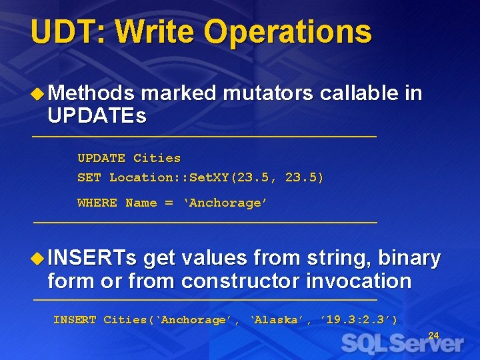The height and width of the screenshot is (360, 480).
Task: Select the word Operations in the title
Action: pyautogui.click(x=287, y=32)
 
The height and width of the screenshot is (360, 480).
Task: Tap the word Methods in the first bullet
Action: pyautogui.click(x=91, y=94)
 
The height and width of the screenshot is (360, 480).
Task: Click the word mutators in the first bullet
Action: pyautogui.click(x=267, y=94)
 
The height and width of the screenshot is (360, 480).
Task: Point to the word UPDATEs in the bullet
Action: pyautogui.click(x=97, y=117)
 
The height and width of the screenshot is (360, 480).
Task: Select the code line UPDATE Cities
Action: pyautogui.click(x=129, y=158)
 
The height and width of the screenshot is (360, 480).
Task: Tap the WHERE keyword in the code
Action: pyautogui.click(x=97, y=203)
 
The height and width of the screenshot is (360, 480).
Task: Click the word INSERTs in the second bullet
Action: pyautogui.click(x=92, y=258)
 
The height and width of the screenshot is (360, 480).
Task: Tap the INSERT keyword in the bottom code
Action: pyautogui.click(x=75, y=320)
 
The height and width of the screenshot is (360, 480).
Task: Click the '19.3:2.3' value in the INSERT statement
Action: pyautogui.click(x=358, y=320)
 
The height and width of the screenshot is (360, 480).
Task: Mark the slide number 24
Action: pyautogui.click(x=433, y=335)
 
